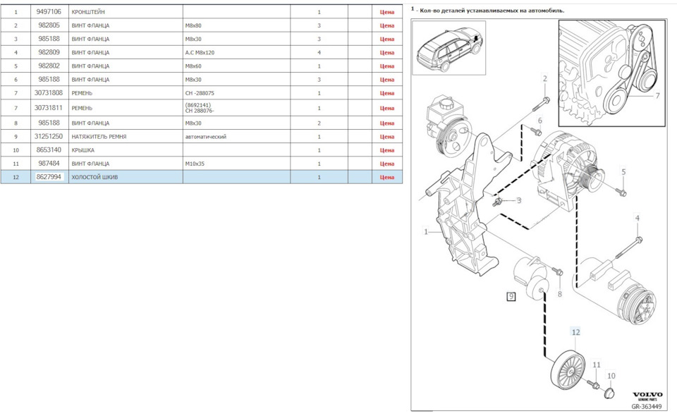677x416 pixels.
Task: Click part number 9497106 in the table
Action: pyautogui.click(x=49, y=12)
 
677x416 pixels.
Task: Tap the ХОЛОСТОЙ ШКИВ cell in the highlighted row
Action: pyautogui.click(x=94, y=177)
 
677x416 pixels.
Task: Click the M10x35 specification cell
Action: pyautogui.click(x=195, y=164)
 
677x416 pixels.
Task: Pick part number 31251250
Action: pyautogui.click(x=49, y=136)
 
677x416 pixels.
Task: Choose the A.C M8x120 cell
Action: pyautogui.click(x=200, y=53)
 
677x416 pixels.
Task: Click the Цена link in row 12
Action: pyautogui.click(x=387, y=177)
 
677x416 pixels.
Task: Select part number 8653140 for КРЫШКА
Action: pyautogui.click(x=49, y=149)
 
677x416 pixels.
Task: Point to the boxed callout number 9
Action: pyautogui.click(x=511, y=296)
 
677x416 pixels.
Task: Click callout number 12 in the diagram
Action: pyautogui.click(x=575, y=332)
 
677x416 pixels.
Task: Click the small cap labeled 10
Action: pyautogui.click(x=609, y=392)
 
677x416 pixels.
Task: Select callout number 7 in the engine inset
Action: pyautogui.click(x=657, y=95)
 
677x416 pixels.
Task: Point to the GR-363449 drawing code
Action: pyautogui.click(x=647, y=407)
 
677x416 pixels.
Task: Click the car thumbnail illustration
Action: pyautogui.click(x=449, y=48)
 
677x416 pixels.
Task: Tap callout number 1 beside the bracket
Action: pyautogui.click(x=426, y=232)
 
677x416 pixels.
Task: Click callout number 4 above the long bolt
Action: pyautogui.click(x=638, y=218)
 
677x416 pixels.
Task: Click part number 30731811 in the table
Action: pyautogui.click(x=49, y=108)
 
